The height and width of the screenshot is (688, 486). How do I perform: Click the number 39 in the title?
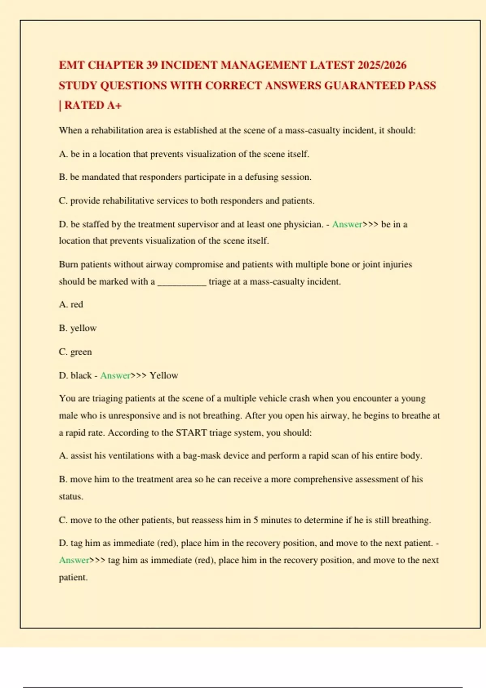[152, 65]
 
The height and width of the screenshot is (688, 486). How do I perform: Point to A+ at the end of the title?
[115, 106]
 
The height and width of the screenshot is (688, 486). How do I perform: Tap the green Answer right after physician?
[347, 225]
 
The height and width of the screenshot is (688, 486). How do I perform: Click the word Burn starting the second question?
[68, 265]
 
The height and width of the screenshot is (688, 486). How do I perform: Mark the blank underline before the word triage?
[182, 282]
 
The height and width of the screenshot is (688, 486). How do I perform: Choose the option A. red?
[71, 304]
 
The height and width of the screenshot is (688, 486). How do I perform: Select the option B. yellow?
[78, 328]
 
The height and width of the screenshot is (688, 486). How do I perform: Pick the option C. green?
[75, 352]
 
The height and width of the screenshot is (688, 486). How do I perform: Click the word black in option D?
[81, 376]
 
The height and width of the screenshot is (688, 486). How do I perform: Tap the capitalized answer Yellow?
[164, 376]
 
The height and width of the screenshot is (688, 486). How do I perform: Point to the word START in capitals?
[191, 433]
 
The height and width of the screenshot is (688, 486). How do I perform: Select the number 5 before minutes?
[256, 520]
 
